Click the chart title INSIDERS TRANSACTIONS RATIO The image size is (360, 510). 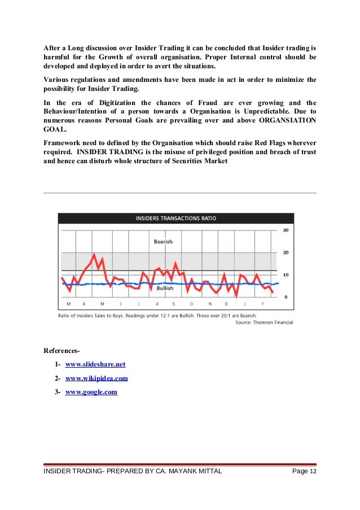tap(175, 218)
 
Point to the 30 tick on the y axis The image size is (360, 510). tap(286, 230)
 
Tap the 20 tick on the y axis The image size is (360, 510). tap(286, 252)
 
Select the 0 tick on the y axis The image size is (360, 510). tap(286, 297)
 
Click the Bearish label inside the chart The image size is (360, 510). tap(163, 242)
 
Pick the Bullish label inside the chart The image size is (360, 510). tap(165, 288)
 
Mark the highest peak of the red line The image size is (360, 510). tap(94, 255)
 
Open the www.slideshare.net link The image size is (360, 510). tap(95, 364)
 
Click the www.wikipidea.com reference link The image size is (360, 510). tap(96, 378)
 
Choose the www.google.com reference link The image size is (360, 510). tap(91, 391)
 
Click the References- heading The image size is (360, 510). tap(65, 351)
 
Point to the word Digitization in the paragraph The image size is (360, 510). tap(117, 103)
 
